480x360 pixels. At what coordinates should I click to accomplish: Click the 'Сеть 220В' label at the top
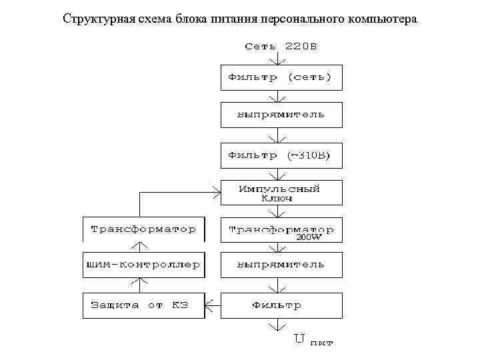click(x=280, y=47)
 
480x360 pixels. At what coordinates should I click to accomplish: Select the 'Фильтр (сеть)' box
click(x=281, y=77)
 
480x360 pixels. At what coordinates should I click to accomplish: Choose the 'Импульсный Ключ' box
click(x=281, y=193)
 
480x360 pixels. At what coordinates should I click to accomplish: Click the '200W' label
click(x=309, y=237)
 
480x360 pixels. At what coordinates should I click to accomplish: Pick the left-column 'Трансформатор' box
click(x=143, y=229)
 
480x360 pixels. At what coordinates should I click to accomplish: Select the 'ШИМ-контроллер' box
click(x=143, y=265)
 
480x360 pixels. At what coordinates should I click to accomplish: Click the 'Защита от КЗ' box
click(x=143, y=305)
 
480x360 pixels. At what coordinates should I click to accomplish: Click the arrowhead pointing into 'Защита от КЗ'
click(x=208, y=306)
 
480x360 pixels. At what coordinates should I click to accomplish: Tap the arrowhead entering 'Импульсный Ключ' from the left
click(x=217, y=193)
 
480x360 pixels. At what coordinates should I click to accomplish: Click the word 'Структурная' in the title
click(x=93, y=18)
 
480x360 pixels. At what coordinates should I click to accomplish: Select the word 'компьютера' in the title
click(x=382, y=18)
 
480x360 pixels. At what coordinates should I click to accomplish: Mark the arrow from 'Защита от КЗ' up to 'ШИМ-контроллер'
click(x=139, y=285)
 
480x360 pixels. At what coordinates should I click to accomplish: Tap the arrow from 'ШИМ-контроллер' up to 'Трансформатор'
click(x=139, y=247)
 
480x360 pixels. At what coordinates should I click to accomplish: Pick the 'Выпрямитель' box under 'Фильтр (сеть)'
click(x=281, y=115)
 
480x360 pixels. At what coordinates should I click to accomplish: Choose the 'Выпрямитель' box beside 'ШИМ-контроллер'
click(x=281, y=265)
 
